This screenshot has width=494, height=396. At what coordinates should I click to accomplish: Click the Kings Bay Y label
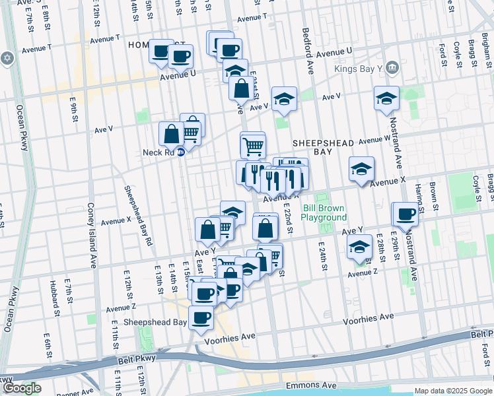click(x=361, y=68)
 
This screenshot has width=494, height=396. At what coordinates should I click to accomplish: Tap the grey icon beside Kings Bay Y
click(x=392, y=67)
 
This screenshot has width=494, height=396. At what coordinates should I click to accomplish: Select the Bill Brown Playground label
click(x=324, y=213)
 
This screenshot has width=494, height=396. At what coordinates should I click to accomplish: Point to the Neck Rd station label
click(x=158, y=152)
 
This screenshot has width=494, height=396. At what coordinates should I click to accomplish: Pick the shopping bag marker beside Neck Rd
click(x=172, y=134)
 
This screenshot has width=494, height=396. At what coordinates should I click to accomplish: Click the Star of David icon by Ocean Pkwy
click(x=8, y=58)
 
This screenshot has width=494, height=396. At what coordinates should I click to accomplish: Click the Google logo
click(x=21, y=388)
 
